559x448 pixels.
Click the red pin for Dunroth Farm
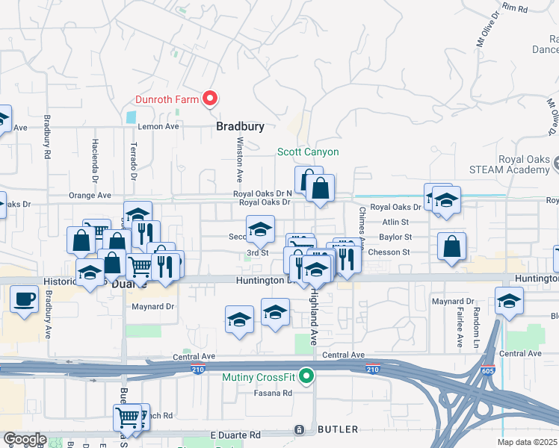click(210, 99)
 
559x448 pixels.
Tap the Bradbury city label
click(240, 127)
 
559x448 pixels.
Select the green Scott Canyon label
click(308, 152)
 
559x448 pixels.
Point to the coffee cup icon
click(25, 299)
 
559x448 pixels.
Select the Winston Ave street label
click(240, 161)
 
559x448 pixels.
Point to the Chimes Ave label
click(361, 228)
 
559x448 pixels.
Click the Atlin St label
click(395, 222)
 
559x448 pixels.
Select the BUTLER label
click(338, 429)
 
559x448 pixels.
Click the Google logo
click(25, 438)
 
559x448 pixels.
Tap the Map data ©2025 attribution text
click(527, 442)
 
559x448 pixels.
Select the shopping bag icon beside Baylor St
click(452, 248)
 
